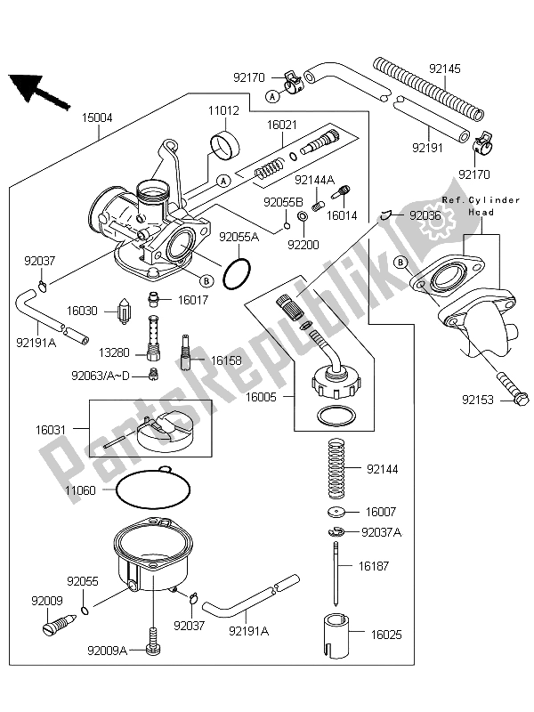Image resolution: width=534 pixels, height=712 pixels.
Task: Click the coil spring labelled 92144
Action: tap(336, 468)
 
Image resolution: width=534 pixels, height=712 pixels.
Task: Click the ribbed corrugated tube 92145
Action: tap(428, 90)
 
